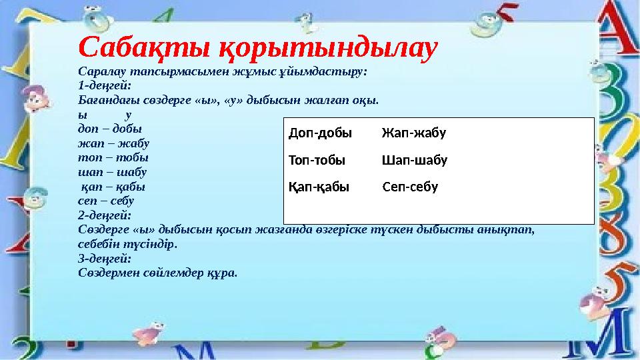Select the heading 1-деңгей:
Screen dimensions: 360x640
104,86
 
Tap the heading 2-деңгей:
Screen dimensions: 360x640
104,216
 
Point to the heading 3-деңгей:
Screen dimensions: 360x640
104,259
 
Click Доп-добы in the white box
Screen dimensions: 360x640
320,133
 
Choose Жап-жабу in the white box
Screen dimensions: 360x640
413,133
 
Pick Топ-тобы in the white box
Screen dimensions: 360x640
317,161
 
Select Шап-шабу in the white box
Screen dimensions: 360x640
414,161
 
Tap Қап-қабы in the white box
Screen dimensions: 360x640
319,187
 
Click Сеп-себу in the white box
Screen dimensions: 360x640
411,187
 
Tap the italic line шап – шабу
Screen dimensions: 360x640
113,172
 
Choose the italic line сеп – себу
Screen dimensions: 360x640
106,201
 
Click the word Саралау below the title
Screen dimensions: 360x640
101,71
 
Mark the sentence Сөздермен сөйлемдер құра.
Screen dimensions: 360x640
157,273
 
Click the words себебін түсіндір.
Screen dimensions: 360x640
127,244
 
